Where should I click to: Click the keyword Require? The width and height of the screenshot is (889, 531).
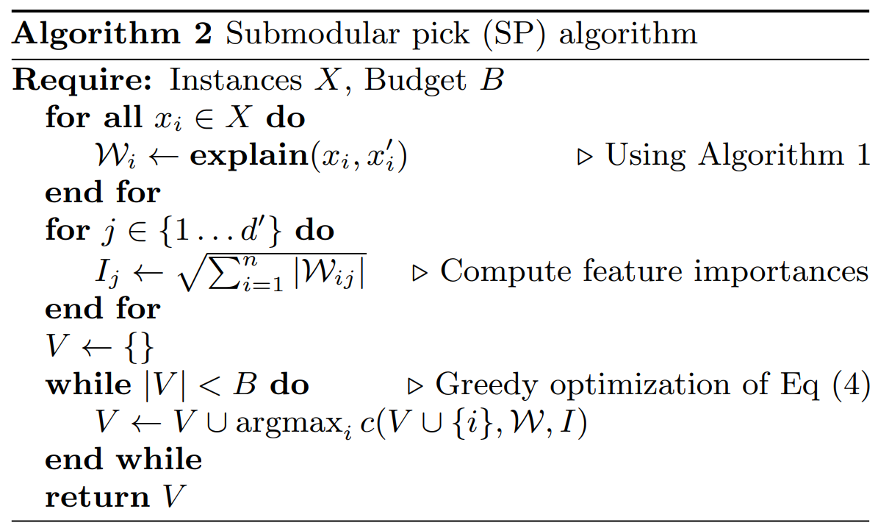(x=82, y=79)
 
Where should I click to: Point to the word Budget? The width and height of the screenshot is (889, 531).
(x=416, y=79)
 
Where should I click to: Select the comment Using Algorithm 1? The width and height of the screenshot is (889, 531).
(x=737, y=155)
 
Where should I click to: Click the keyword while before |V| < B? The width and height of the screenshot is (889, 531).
(x=87, y=385)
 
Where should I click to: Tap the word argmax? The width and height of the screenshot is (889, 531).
(x=289, y=424)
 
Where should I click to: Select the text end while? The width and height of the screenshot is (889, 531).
(x=123, y=460)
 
